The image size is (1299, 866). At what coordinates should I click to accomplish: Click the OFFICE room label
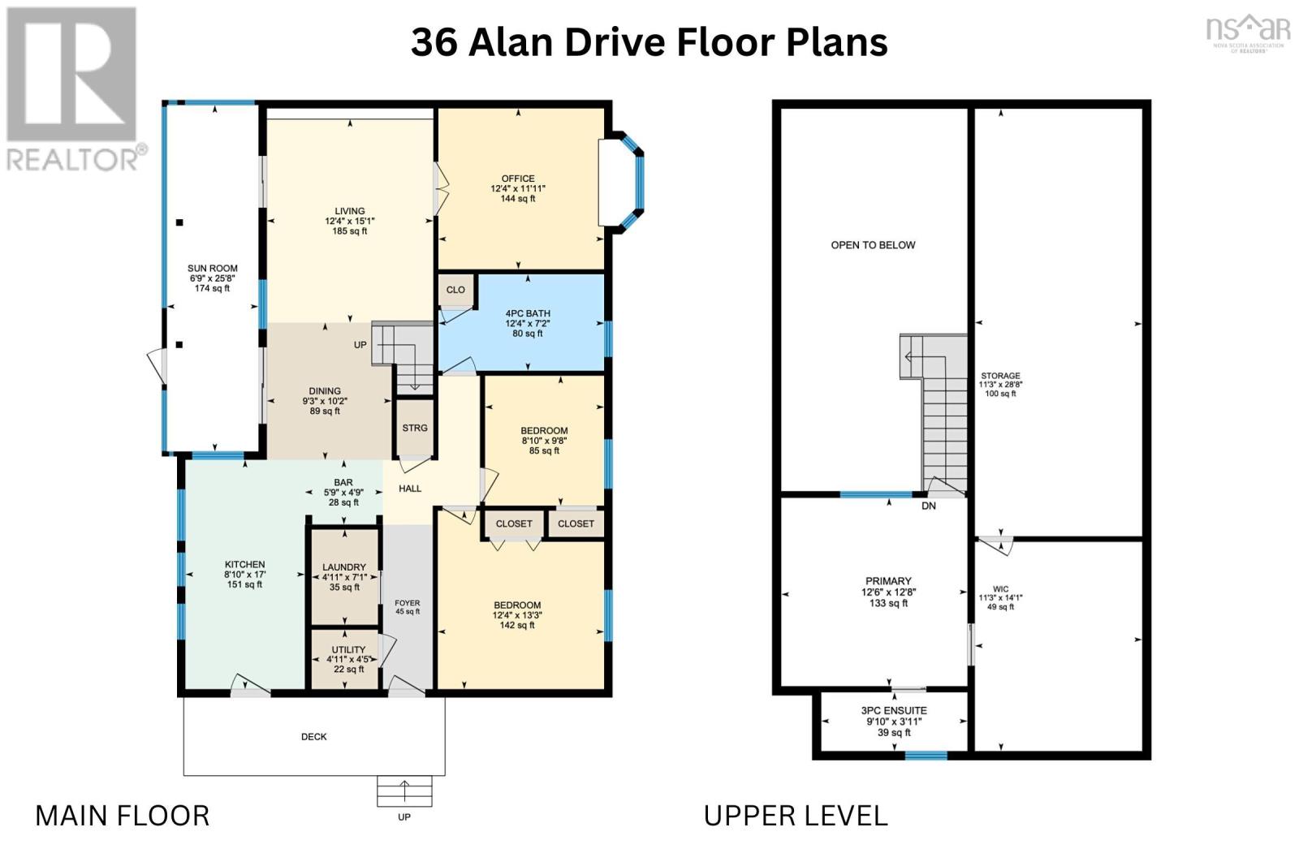pyautogui.click(x=518, y=179)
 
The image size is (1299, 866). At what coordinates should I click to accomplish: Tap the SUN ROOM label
pyautogui.click(x=212, y=269)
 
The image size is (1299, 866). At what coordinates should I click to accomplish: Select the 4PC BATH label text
pyautogui.click(x=528, y=313)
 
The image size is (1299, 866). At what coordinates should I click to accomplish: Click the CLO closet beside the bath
pyautogui.click(x=455, y=290)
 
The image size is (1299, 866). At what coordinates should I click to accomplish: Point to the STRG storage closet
pyautogui.click(x=415, y=428)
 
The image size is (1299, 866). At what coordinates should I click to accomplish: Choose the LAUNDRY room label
pyautogui.click(x=344, y=567)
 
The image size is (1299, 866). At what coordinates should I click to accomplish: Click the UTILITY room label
pyautogui.click(x=348, y=650)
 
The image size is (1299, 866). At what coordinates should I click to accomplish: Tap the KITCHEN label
pyautogui.click(x=244, y=564)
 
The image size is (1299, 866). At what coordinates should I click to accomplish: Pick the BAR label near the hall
pyautogui.click(x=343, y=482)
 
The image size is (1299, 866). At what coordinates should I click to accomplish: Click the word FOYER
pyautogui.click(x=407, y=603)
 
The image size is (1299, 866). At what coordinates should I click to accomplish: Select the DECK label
pyautogui.click(x=313, y=737)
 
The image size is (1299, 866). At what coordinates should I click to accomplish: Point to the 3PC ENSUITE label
pyautogui.click(x=894, y=711)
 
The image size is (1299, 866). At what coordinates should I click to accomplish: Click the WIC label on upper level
pyautogui.click(x=1000, y=589)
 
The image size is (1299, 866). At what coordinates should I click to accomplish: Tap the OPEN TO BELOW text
pyautogui.click(x=873, y=245)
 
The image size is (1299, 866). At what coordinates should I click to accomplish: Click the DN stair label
pyautogui.click(x=929, y=506)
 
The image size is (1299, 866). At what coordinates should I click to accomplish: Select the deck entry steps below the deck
pyautogui.click(x=404, y=791)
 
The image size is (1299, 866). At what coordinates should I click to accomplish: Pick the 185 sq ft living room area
pyautogui.click(x=350, y=231)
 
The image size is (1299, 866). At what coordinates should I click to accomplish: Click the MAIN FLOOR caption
pyautogui.click(x=123, y=816)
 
